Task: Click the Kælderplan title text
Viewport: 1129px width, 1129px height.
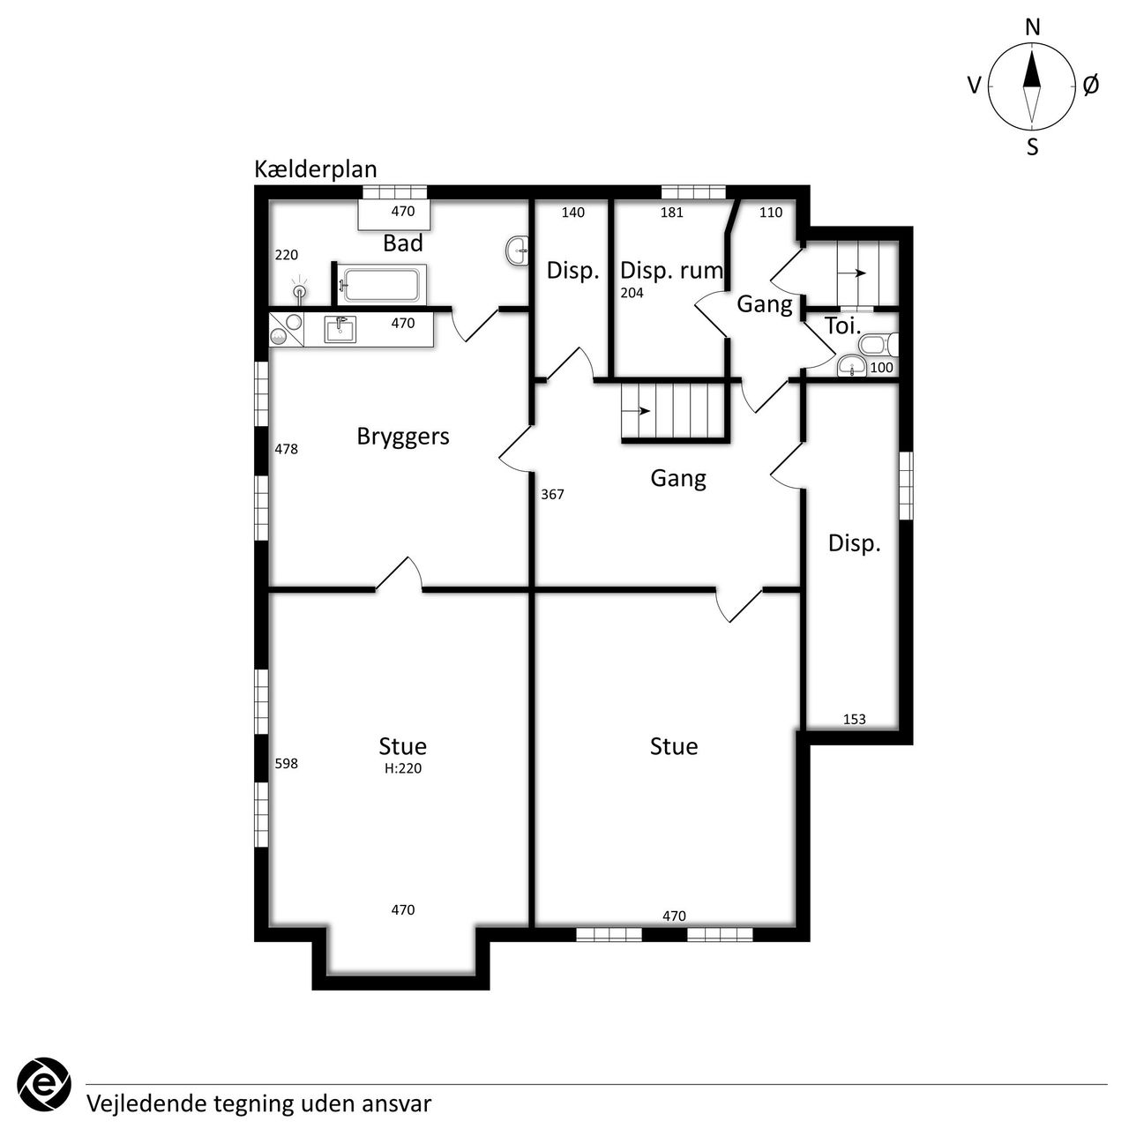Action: [315, 170]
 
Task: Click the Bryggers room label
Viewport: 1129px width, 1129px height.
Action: [403, 437]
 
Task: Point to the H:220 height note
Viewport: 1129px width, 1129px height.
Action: [403, 768]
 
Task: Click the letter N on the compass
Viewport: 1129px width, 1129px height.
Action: [1032, 27]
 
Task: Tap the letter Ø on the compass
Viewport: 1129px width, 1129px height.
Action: [1090, 86]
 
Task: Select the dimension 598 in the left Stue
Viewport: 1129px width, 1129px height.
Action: [287, 764]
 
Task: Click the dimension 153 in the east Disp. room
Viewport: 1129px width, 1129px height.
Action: [854, 719]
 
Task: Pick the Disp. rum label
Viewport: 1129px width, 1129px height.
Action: [671, 271]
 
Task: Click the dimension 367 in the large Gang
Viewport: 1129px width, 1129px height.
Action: [552, 495]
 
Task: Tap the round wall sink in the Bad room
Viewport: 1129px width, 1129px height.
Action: [518, 251]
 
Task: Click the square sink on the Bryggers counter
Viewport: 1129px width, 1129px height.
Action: [340, 329]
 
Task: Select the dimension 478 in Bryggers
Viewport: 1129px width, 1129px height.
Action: [287, 449]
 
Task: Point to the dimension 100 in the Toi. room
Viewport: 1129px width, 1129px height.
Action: [882, 367]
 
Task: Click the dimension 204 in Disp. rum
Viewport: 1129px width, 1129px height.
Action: [632, 293]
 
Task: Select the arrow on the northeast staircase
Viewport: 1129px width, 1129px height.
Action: [852, 273]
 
